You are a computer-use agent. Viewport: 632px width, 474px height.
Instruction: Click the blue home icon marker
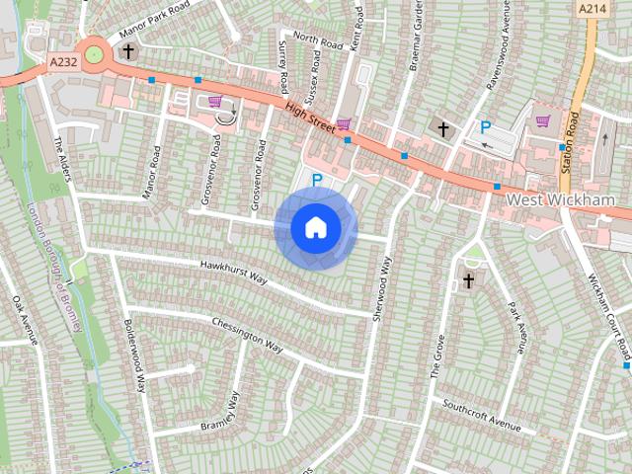pos(315,227)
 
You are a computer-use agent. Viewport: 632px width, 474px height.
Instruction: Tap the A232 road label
pos(62,62)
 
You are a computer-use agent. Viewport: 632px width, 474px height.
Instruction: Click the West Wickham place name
pos(560,200)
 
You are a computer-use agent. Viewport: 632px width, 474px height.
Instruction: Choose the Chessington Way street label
pos(247,335)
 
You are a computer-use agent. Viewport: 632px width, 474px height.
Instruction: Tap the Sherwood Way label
pos(376,286)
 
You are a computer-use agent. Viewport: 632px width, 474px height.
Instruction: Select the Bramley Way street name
pos(220,411)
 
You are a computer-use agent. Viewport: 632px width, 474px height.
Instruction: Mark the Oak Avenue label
pos(25,318)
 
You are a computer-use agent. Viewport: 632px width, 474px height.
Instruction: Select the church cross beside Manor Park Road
pos(127,50)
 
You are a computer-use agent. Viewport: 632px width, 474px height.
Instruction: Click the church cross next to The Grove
pos(469,281)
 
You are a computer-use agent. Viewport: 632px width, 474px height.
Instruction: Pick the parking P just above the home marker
pos(317,180)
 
